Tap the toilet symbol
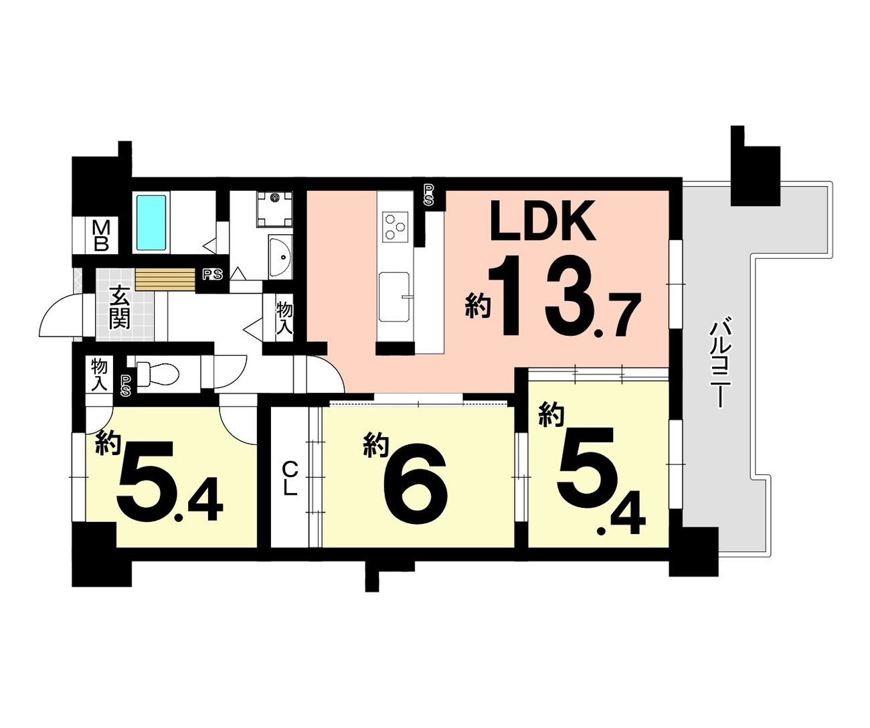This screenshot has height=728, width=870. (157, 374)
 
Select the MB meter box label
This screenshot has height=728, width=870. (101, 236)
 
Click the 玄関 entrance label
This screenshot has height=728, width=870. (120, 307)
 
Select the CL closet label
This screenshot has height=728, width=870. (290, 479)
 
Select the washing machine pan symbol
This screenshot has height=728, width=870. (274, 209)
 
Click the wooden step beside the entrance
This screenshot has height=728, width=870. (165, 280)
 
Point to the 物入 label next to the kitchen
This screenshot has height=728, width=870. (284, 318)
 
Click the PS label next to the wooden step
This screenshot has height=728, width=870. (213, 274)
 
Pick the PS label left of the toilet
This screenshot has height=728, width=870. (126, 386)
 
